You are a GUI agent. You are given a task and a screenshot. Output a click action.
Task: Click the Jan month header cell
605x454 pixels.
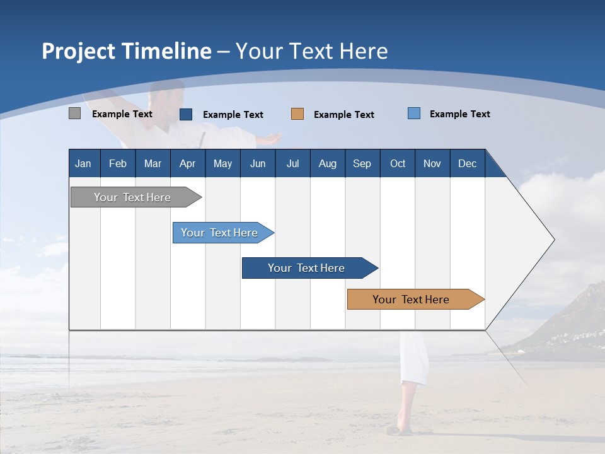click(x=84, y=163)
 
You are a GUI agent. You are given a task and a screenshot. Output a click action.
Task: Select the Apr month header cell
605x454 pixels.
click(x=187, y=163)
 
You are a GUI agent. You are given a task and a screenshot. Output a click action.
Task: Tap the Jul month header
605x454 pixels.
click(x=292, y=163)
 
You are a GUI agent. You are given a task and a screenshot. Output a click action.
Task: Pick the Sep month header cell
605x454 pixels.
click(x=362, y=163)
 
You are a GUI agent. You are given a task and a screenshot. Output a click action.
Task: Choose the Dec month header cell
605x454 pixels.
click(x=467, y=163)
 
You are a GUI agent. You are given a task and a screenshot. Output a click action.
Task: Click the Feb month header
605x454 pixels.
click(x=118, y=163)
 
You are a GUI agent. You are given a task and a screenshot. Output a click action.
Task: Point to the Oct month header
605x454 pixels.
click(x=398, y=163)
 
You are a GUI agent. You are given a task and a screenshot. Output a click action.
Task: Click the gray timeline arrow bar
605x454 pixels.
click(x=133, y=197)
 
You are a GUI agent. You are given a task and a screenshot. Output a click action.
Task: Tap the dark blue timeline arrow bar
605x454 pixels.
click(x=307, y=268)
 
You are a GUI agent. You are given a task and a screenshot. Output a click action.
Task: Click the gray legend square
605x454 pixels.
click(x=74, y=113)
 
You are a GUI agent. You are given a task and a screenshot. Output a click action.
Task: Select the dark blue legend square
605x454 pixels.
click(x=186, y=114)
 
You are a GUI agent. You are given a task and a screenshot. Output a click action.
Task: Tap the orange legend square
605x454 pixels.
click(x=297, y=114)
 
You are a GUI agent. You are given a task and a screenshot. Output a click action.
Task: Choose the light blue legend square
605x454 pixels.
click(x=414, y=113)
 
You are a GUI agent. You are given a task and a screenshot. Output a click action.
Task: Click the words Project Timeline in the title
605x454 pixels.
click(x=126, y=51)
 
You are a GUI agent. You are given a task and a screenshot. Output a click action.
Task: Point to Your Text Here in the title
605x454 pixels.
click(x=311, y=51)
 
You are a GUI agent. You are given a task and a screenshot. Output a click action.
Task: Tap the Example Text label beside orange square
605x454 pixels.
click(x=343, y=115)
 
